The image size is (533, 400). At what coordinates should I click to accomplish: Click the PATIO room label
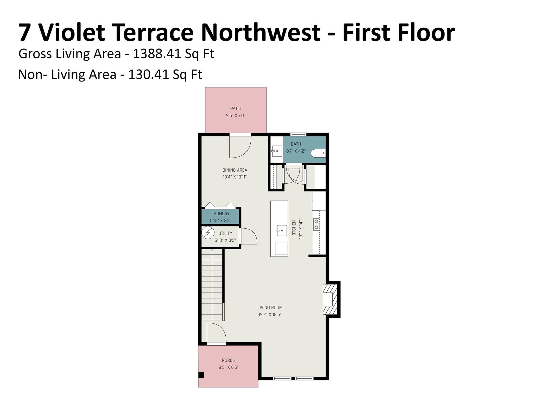[236, 109]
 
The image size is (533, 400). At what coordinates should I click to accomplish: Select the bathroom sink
[277, 151]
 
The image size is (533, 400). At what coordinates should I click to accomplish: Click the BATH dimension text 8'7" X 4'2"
[296, 151]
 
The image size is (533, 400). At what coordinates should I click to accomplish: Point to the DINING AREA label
[235, 170]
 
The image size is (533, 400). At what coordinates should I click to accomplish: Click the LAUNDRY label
[220, 214]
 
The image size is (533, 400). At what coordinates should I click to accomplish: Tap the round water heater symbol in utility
[208, 233]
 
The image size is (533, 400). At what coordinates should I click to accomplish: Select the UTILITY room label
[225, 233]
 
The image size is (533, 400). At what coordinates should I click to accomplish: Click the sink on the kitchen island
[282, 230]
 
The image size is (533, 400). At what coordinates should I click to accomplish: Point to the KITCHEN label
[294, 228]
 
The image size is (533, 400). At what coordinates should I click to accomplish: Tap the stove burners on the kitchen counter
[316, 224]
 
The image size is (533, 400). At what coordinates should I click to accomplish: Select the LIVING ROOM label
[270, 308]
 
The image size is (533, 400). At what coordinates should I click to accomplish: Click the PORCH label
[229, 360]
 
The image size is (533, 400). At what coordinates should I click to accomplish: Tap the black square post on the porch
[201, 375]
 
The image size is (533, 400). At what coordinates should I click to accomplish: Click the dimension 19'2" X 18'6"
[270, 315]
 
